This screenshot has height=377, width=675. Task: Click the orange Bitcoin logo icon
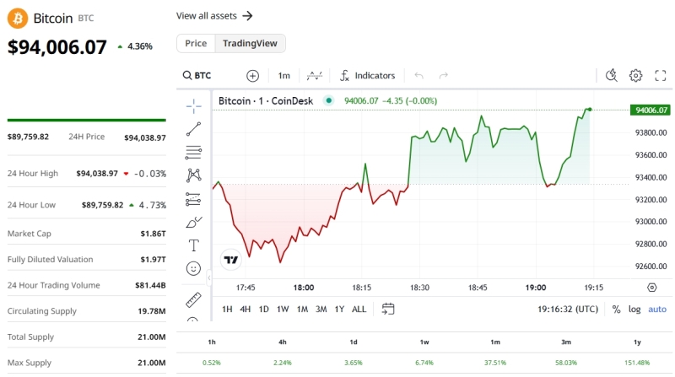coord(17,18)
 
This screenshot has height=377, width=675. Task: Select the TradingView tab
coord(250,43)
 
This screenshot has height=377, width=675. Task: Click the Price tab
coord(196,43)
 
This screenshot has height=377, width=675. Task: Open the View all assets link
coord(214,15)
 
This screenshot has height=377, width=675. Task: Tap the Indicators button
coord(368,75)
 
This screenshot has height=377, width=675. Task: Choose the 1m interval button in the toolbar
coord(283,75)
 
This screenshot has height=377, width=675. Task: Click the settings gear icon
coord(636,75)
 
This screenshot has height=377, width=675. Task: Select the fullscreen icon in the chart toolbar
coord(661,75)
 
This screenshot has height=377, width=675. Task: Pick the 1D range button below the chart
coord(263,309)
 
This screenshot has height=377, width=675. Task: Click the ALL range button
coord(359,309)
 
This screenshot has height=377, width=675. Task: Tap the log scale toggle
coord(634,309)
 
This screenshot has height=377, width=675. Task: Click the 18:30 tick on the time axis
coord(419,288)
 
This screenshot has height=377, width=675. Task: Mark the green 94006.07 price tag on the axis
coord(651,110)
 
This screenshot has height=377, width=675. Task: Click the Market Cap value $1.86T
coord(153,233)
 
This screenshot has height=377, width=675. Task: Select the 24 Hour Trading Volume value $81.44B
coord(150,285)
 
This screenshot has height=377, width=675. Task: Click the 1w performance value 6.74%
coord(424,363)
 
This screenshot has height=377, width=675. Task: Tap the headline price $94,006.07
coord(57,47)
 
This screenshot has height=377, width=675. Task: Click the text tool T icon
coord(193,245)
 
